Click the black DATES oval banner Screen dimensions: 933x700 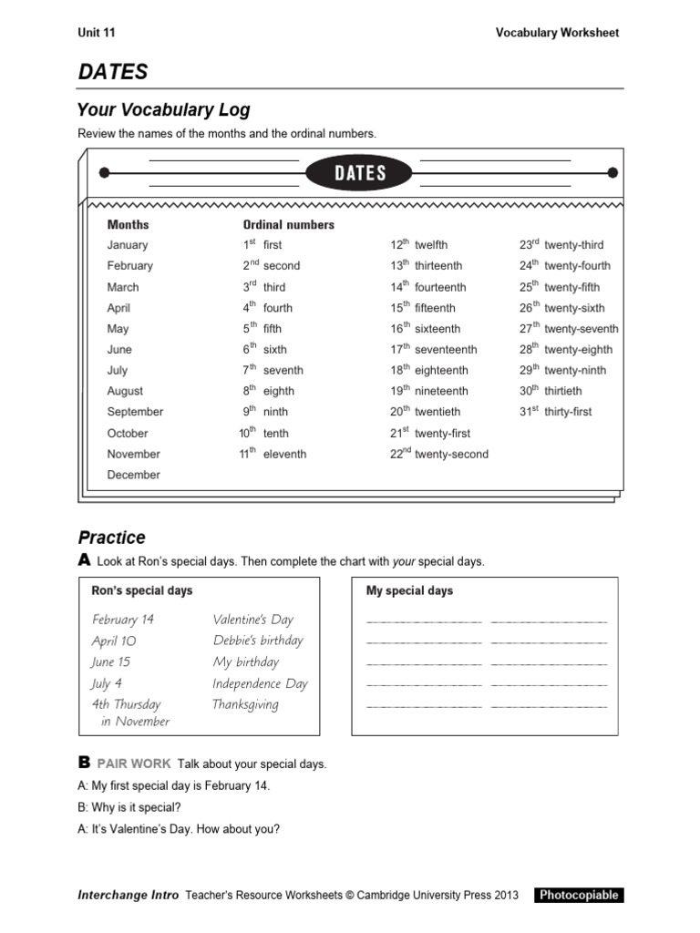tap(359, 173)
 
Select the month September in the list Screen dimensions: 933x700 tap(135, 412)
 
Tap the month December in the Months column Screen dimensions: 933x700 tap(133, 475)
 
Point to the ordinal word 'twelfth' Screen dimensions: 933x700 tap(431, 245)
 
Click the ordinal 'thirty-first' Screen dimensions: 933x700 tap(568, 412)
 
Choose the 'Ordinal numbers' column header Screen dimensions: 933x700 tap(288, 224)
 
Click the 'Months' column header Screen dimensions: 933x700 tap(128, 224)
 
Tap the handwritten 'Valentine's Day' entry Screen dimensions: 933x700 tap(253, 620)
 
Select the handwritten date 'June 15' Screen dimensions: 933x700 tap(111, 662)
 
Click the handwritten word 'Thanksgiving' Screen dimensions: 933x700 tap(245, 704)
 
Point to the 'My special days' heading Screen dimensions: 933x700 tap(409, 590)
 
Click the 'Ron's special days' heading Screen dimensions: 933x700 tap(142, 590)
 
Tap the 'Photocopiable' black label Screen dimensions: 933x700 tap(579, 895)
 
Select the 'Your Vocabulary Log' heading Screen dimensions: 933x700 tap(164, 110)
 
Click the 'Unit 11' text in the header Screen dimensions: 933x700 tap(97, 33)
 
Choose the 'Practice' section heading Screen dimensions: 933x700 tap(111, 538)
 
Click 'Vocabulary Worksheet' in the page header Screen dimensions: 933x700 tap(557, 33)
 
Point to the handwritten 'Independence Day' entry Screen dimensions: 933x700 tap(260, 683)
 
